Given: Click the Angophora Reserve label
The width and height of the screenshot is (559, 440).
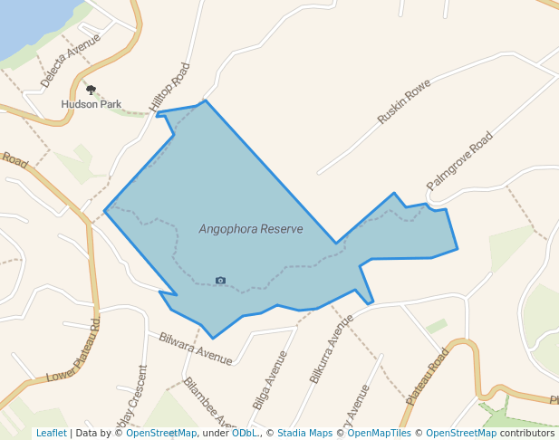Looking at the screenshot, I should tap(251, 229).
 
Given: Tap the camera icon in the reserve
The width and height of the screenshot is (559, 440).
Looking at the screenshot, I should tap(220, 281).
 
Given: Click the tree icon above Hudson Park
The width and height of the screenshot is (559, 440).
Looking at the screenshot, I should tap(91, 90).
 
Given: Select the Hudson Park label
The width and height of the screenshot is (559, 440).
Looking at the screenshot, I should tap(91, 104).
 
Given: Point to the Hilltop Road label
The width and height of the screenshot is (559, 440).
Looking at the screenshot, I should tap(171, 88).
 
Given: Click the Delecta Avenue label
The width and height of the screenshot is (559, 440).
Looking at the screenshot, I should tap(70, 61).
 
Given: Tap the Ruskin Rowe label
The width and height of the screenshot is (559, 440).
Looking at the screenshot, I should tap(403, 100).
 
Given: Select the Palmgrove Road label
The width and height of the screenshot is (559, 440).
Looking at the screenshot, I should tap(459, 160).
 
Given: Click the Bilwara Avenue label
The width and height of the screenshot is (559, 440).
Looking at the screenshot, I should tap(195, 349).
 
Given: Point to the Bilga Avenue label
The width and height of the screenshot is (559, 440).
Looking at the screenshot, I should tap(270, 379).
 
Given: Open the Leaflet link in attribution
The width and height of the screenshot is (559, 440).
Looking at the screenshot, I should tap(51, 433).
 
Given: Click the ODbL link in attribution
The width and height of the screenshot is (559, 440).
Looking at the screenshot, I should tap(244, 433).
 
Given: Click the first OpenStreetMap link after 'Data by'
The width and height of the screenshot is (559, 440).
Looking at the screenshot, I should tap(161, 433).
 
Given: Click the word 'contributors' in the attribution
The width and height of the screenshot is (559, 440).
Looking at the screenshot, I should tap(527, 433).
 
